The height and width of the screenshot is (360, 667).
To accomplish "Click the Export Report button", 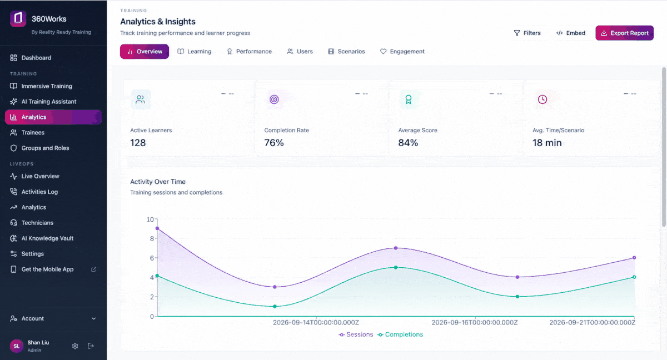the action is (624, 33).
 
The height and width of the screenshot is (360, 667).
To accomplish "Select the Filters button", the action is (527, 33).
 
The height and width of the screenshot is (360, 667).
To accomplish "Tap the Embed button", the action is (571, 33).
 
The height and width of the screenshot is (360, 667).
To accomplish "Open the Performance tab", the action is (249, 52).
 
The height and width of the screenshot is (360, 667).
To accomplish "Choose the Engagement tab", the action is (402, 52).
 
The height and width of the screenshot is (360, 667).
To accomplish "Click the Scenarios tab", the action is (347, 52).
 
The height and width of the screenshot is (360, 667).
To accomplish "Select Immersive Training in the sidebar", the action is (47, 86).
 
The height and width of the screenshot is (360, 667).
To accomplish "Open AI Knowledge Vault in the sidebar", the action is (47, 238).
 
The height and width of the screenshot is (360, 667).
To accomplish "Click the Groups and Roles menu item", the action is (45, 148).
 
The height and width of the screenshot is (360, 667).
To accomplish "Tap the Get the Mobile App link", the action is (47, 269).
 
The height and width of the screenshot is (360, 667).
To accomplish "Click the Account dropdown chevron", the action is (94, 319).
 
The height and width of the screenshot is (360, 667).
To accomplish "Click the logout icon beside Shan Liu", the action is (91, 346).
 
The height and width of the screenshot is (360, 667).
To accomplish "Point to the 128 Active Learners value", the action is (138, 143).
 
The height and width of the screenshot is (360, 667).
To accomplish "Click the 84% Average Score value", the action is (408, 143).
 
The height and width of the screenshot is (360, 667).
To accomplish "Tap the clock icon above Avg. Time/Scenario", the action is (542, 99).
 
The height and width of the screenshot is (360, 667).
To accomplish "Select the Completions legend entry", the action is (400, 334).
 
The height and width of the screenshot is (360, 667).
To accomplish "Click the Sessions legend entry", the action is (356, 334).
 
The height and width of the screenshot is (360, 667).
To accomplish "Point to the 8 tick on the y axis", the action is (152, 239).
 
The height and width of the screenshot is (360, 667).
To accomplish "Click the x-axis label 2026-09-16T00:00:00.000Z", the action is (475, 323).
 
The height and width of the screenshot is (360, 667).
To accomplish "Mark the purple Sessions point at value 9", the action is (157, 228).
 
